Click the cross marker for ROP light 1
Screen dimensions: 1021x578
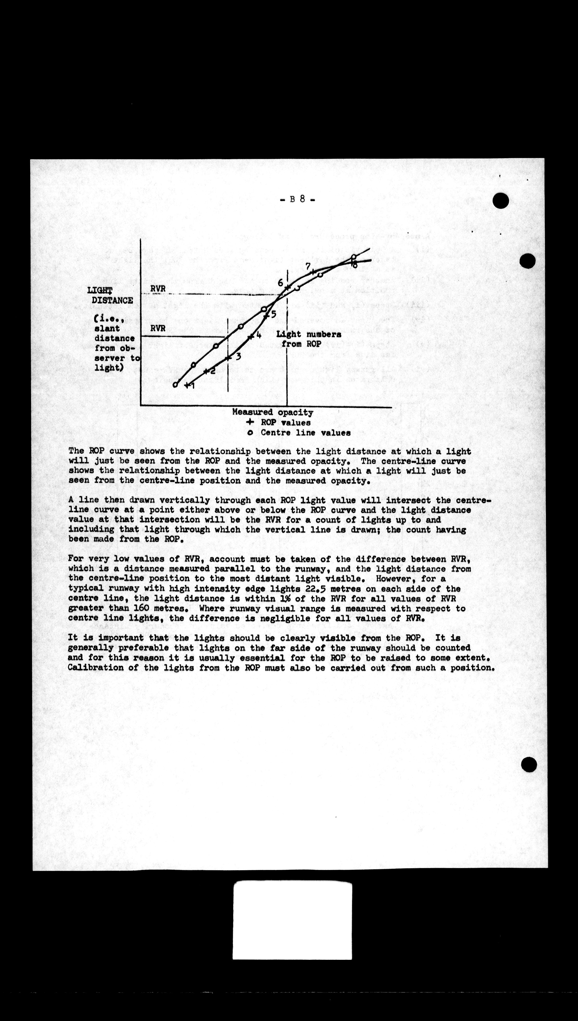point(187,385)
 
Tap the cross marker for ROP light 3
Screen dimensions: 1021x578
point(228,358)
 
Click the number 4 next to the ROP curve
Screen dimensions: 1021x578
point(258,334)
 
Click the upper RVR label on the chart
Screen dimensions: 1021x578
point(158,288)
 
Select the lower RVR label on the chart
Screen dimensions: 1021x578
point(158,328)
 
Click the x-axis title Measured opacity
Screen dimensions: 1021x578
point(273,412)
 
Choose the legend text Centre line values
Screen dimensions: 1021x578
point(305,432)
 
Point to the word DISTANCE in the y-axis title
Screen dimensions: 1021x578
point(112,300)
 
